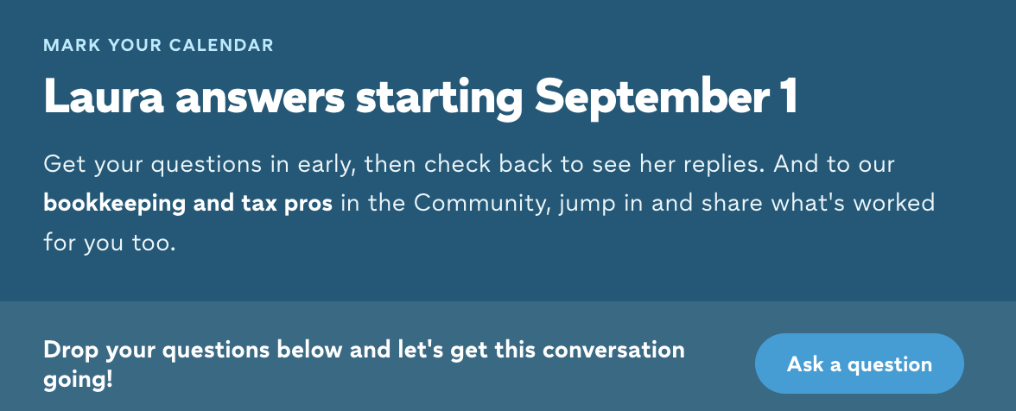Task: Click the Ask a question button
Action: (859, 364)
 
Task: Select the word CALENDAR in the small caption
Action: (221, 45)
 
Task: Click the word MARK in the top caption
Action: (71, 45)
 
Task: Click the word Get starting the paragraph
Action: (64, 164)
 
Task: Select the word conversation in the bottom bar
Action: (613, 351)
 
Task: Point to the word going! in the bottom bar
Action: (78, 380)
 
